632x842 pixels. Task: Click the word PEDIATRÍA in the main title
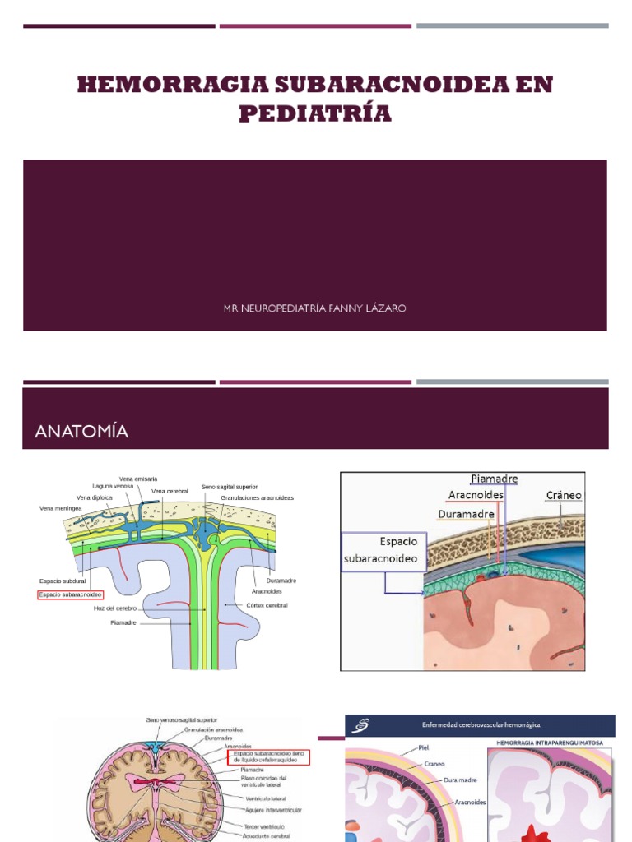coord(315,113)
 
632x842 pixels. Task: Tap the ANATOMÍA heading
coord(81,431)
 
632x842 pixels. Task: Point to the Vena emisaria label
coord(138,479)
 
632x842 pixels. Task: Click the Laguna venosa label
coord(112,487)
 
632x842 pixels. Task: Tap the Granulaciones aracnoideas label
coord(257,498)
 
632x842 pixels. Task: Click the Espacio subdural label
coord(63,581)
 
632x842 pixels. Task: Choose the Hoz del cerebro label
coord(115,608)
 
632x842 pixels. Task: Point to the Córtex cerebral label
coord(267,604)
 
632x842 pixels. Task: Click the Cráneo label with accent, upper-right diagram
coord(564,495)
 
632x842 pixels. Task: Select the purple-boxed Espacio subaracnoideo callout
coord(383,550)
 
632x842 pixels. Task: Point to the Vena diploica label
coord(95,497)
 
